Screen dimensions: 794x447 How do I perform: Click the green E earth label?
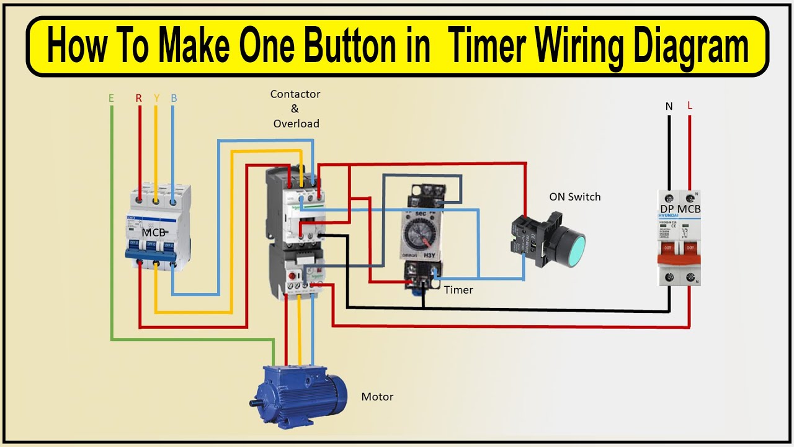click(x=111, y=98)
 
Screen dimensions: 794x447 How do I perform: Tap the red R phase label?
click(x=139, y=98)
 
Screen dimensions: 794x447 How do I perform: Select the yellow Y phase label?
click(x=156, y=98)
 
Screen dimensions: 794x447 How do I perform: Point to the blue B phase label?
click(x=174, y=98)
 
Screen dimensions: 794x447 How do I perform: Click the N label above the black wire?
click(x=669, y=106)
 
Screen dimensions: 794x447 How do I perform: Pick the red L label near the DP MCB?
click(x=690, y=106)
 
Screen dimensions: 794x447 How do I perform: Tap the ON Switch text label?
click(x=574, y=197)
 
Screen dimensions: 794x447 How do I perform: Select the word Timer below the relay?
click(x=458, y=290)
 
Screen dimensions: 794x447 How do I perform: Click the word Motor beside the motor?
click(x=377, y=397)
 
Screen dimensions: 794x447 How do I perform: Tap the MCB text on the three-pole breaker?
click(x=154, y=232)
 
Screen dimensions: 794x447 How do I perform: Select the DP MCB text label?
click(x=680, y=209)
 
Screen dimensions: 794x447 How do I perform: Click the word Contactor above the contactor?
click(x=295, y=94)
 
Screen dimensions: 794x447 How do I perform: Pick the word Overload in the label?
click(x=297, y=124)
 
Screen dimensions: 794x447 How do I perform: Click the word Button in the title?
click(x=340, y=47)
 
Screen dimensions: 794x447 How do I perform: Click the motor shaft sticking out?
click(x=255, y=404)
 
